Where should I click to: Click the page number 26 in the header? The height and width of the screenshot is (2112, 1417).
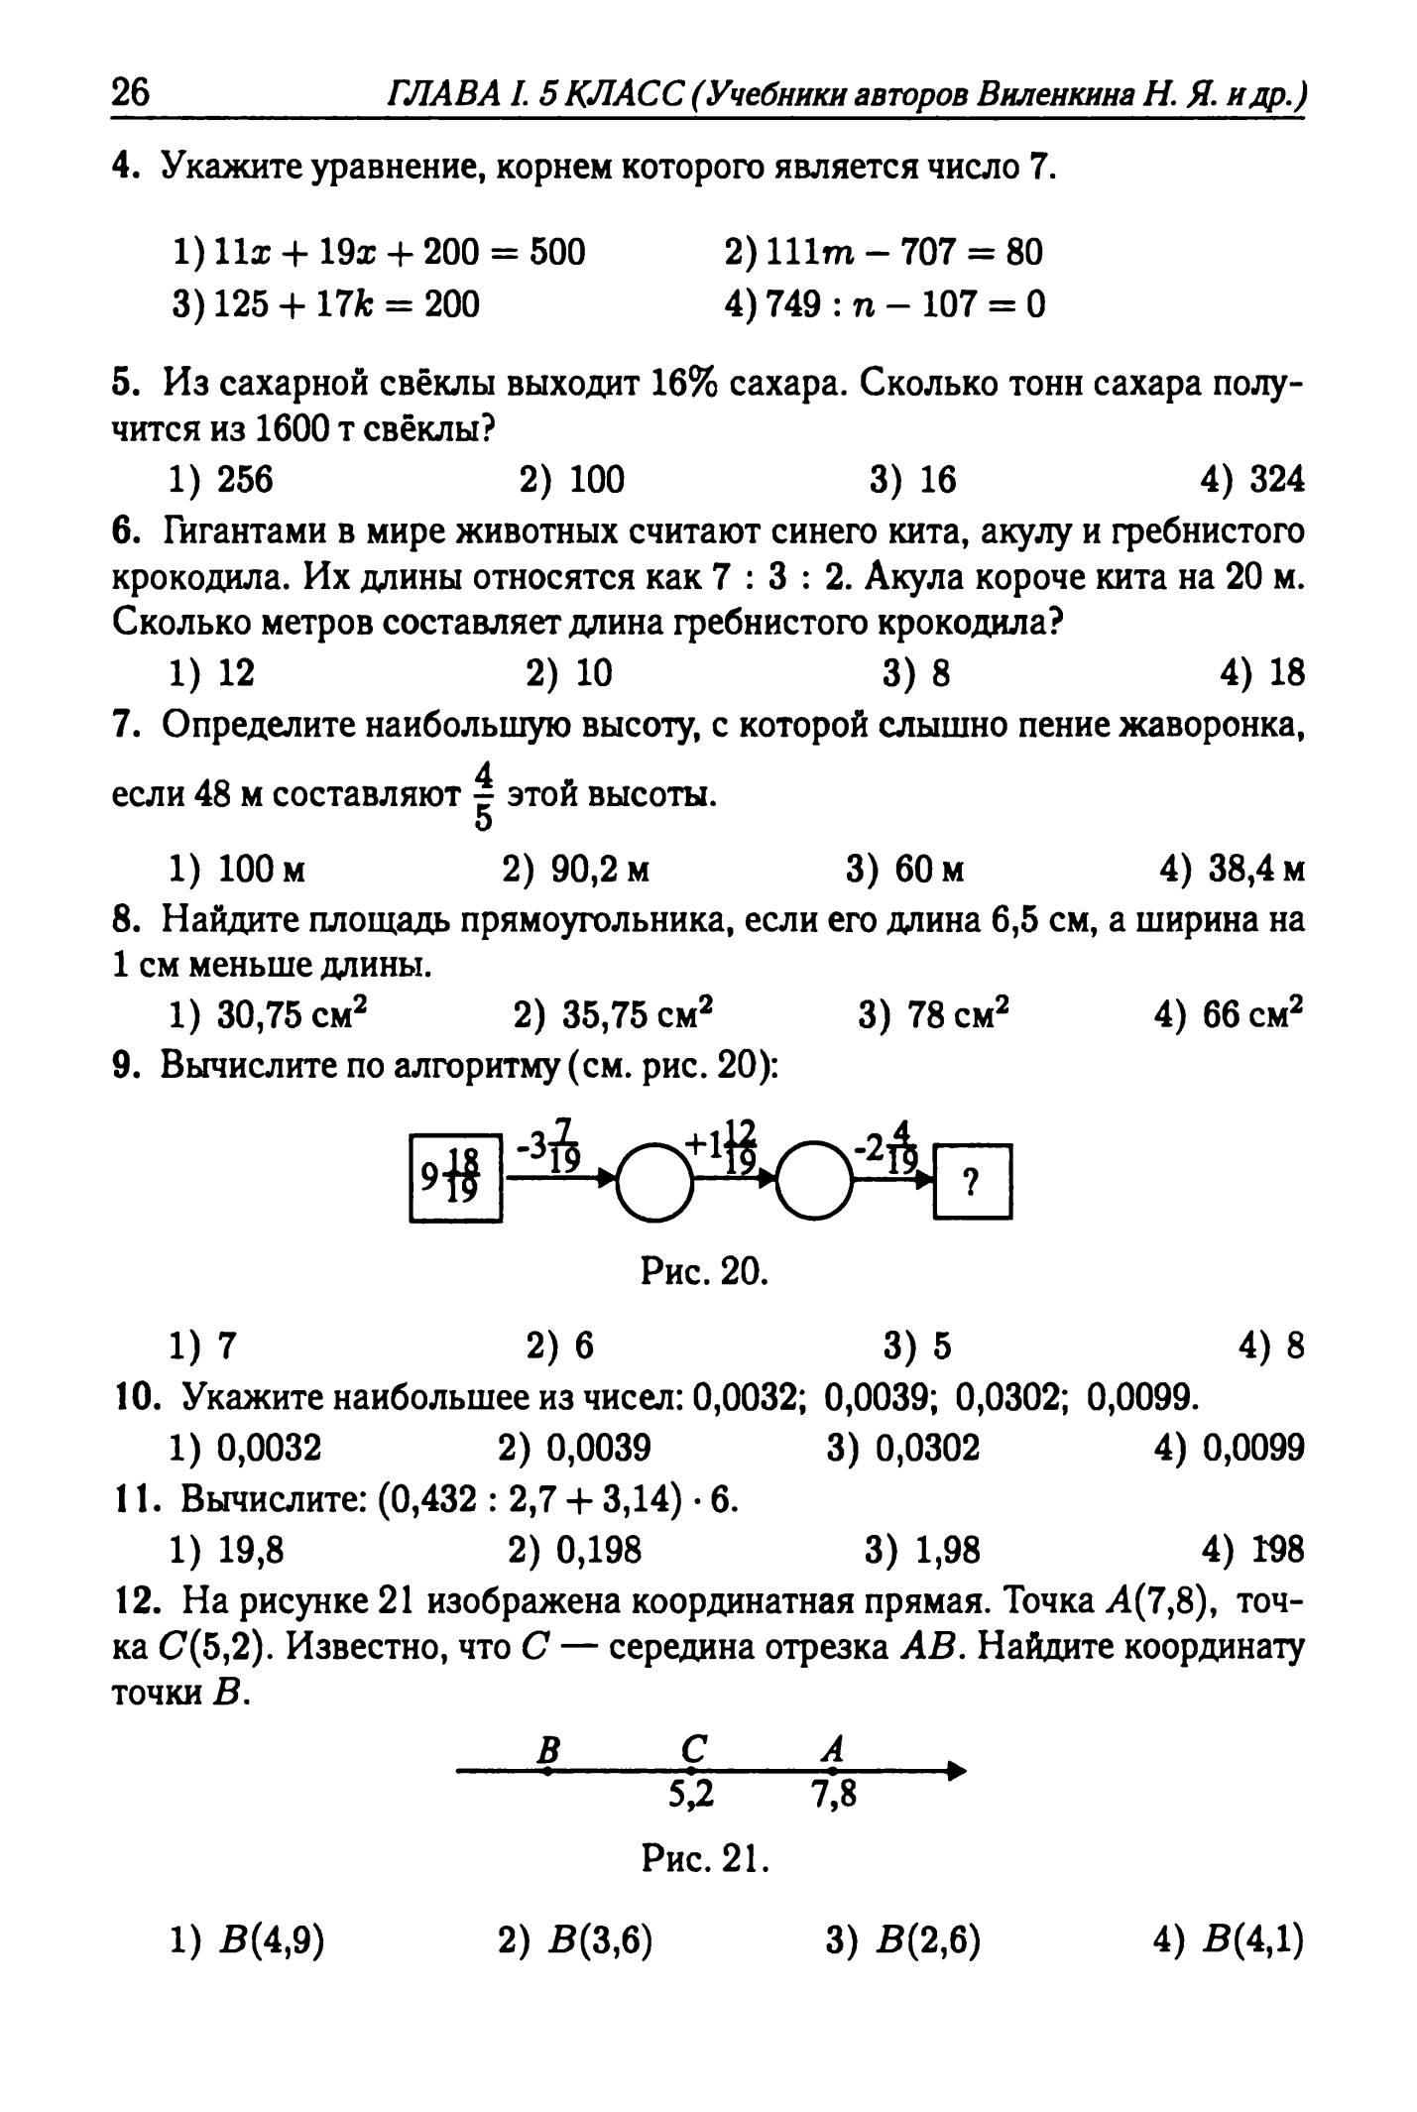tap(130, 94)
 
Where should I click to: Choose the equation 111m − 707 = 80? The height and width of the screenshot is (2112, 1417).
tap(884, 253)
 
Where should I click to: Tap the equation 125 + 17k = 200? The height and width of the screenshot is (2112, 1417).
tap(326, 303)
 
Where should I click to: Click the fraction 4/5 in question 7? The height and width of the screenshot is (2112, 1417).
tap(484, 795)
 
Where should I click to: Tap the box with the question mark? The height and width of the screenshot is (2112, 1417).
tap(973, 1181)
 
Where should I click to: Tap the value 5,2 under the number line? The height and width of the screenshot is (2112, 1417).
tap(691, 1794)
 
